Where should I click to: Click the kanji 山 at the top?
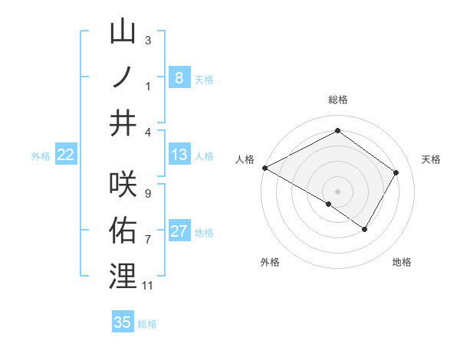(123, 32)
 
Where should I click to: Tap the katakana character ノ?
(123, 77)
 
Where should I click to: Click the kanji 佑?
(123, 229)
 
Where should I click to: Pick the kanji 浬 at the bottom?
(123, 275)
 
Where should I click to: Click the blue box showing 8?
(179, 77)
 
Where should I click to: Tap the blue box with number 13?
(179, 155)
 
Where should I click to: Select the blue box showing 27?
(179, 232)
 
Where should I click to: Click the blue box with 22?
(66, 155)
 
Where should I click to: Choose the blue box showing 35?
(123, 322)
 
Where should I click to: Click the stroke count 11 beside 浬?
(148, 286)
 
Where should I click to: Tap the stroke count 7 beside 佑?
(147, 240)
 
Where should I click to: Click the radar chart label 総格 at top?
(337, 100)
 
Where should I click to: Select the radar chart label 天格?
(432, 159)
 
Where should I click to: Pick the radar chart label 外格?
(270, 262)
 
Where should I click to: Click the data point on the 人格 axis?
(264, 167)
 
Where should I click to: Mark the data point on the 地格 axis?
(365, 229)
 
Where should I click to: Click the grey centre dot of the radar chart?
(337, 191)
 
